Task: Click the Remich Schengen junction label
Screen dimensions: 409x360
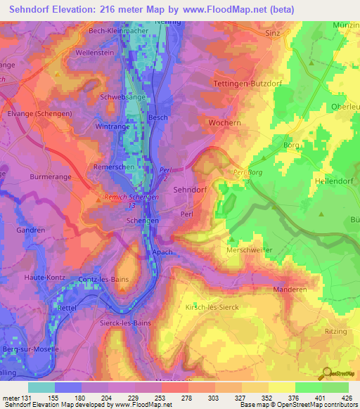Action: [131, 198]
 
